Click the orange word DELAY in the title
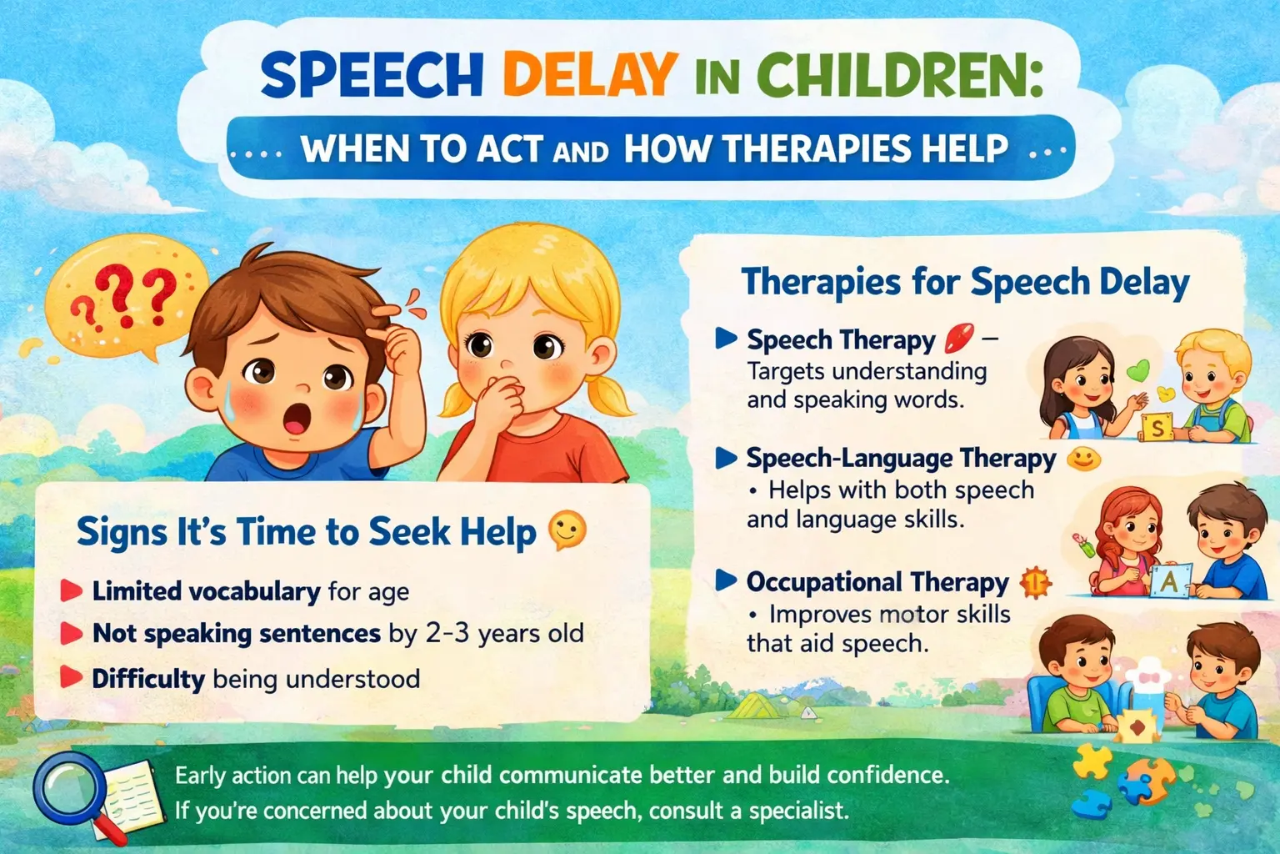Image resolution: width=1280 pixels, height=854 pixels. [589, 75]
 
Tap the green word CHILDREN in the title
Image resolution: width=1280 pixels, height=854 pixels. [903, 75]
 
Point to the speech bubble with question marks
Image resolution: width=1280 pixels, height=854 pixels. [125, 296]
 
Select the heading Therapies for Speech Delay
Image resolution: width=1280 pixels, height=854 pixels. [965, 282]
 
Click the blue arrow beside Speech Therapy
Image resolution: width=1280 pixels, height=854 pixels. [726, 339]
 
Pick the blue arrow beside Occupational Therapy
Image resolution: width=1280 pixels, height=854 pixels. [726, 580]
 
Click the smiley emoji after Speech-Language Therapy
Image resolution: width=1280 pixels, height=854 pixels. [1083, 458]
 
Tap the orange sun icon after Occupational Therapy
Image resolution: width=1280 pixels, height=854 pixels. [1035, 582]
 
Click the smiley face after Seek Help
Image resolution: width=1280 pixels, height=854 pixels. [567, 530]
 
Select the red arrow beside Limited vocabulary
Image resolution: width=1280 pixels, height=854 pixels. [72, 591]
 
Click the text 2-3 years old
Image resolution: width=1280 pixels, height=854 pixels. [504, 633]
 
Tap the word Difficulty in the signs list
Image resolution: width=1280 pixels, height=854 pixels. [148, 678]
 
